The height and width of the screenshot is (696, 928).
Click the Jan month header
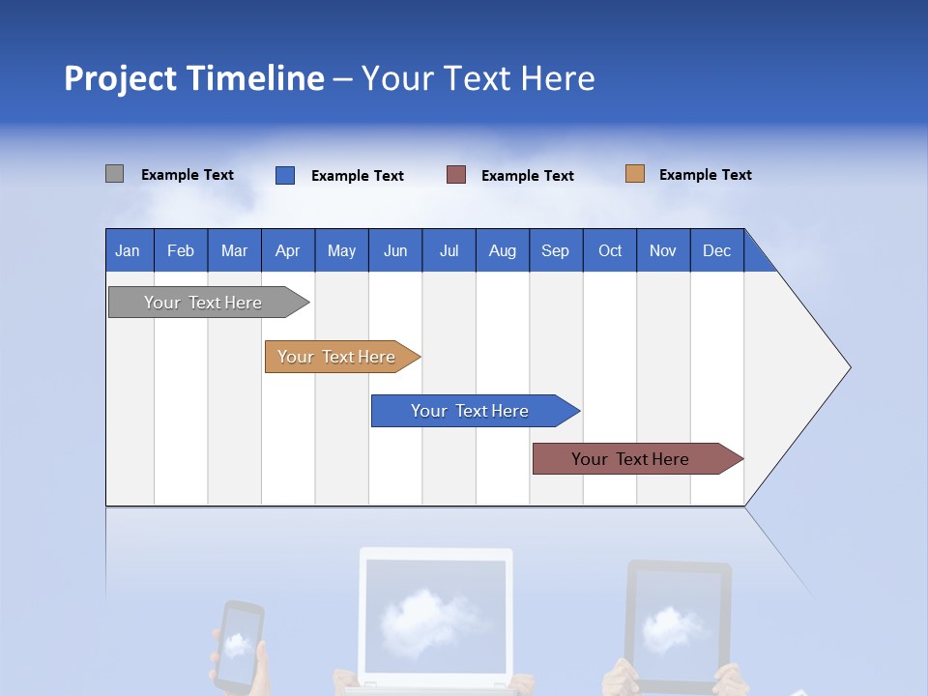coord(128,250)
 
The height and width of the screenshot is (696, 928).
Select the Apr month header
coord(287,250)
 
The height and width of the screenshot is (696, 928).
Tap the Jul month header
coord(449,250)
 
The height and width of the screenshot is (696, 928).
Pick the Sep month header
coord(555,250)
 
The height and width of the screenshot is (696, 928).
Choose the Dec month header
coord(716,250)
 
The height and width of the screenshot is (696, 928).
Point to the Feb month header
coord(181,250)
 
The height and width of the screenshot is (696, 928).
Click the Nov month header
coord(662,250)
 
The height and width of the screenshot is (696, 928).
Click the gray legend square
coord(114,174)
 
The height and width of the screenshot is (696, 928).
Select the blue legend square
coord(285,175)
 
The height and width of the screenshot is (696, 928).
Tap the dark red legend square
coord(456,175)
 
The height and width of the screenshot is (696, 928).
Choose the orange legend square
coord(634,174)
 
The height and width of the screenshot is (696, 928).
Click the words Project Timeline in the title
coord(194,78)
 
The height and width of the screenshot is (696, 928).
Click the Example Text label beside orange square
coord(705,175)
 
